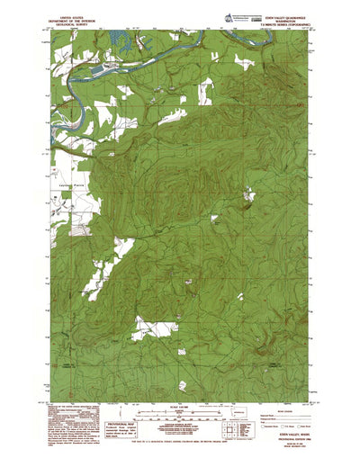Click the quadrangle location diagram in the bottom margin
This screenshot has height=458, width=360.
tap(233, 430)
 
